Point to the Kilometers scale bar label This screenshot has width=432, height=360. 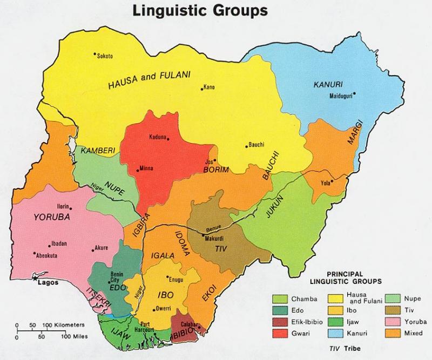coord(68,325)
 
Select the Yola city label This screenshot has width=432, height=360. coord(325,183)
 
